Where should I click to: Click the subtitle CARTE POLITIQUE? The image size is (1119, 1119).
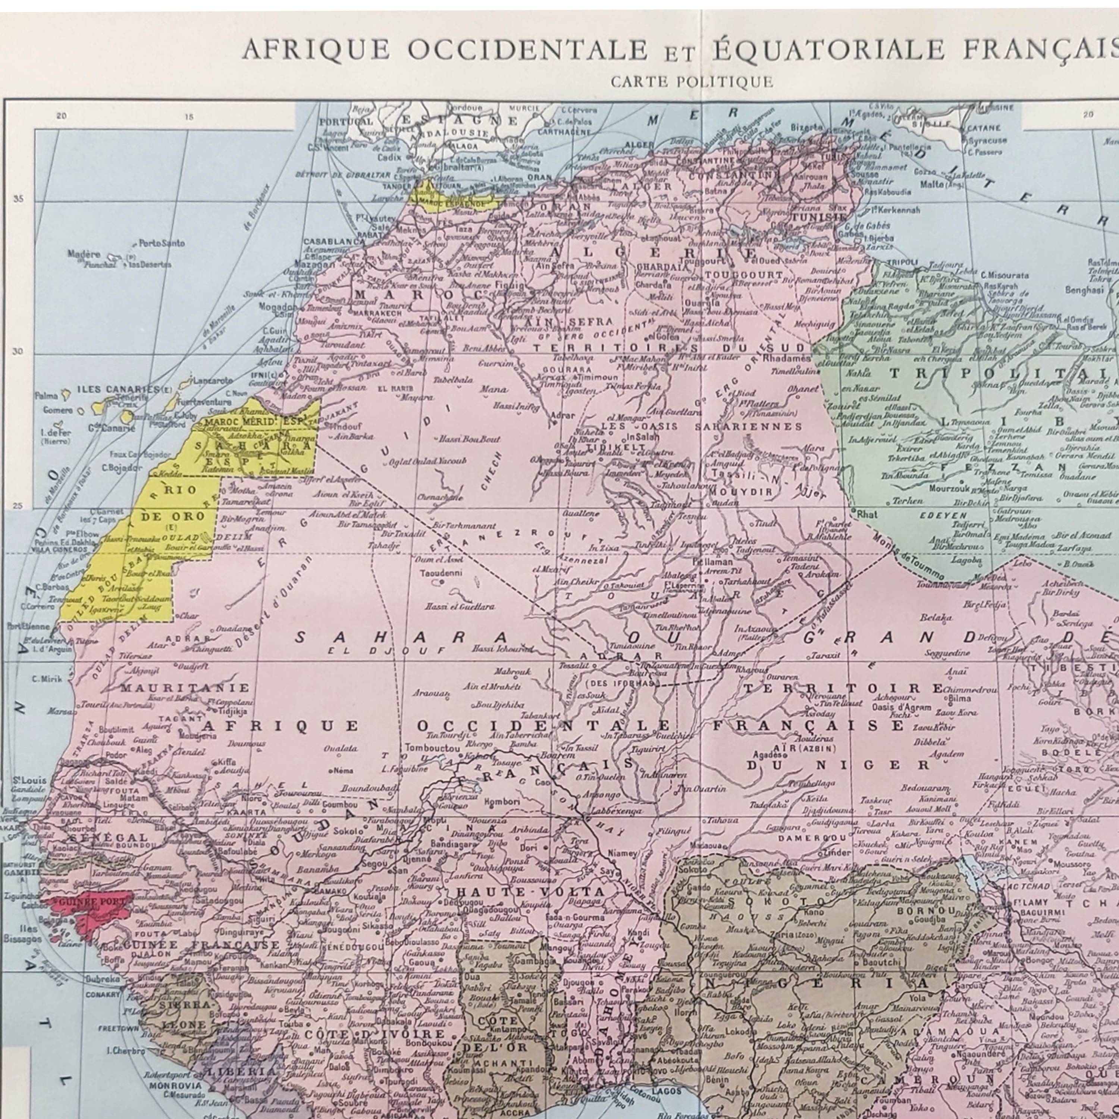coord(692,82)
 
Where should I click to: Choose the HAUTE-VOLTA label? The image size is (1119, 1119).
coord(530,892)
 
